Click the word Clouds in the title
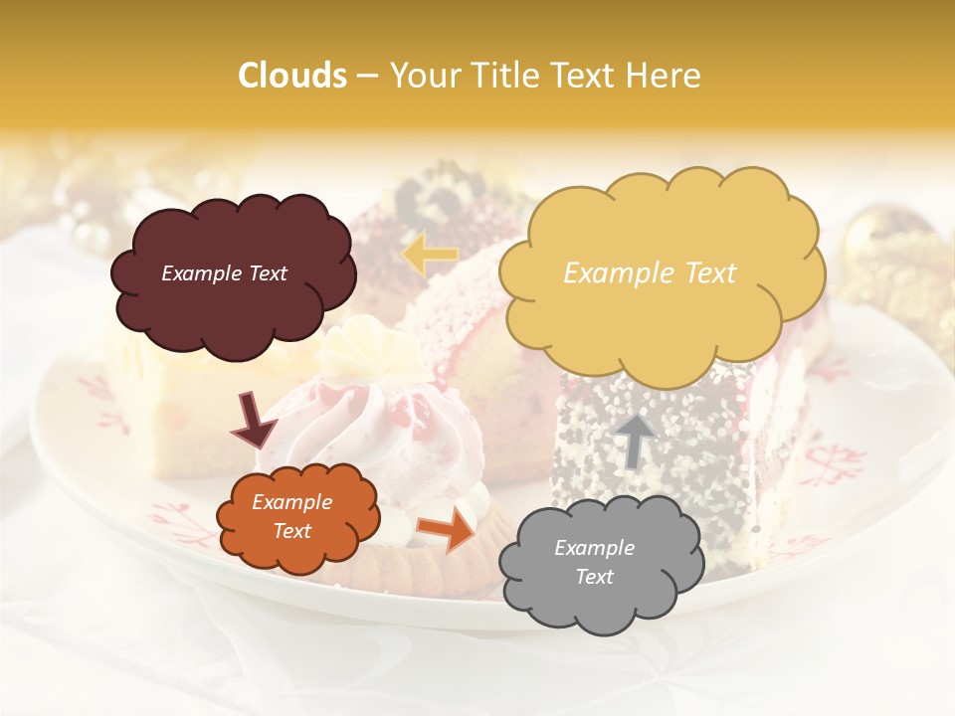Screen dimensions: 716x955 click(x=292, y=76)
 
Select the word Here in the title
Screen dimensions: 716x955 click(x=664, y=76)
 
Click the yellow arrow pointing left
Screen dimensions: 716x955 click(x=429, y=255)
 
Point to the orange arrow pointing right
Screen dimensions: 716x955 click(x=447, y=528)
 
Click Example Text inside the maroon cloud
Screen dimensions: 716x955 click(x=224, y=273)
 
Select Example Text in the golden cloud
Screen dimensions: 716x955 click(x=650, y=273)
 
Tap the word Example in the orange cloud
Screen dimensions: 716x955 click(x=291, y=503)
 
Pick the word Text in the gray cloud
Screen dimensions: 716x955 click(x=595, y=577)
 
